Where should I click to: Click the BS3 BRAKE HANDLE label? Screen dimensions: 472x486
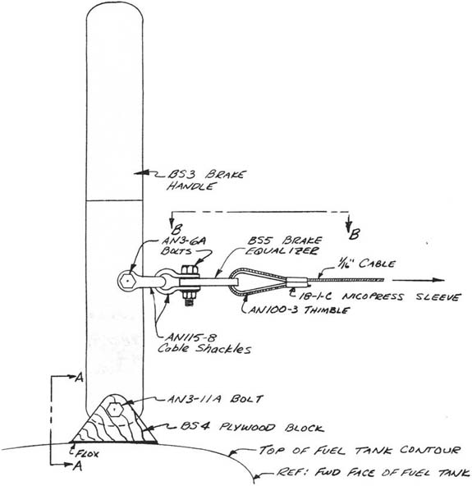(x=206, y=180)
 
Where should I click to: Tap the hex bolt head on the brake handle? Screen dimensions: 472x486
(x=127, y=281)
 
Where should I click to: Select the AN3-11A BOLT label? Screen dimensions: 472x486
(x=215, y=399)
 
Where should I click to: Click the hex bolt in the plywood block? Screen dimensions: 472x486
(x=115, y=410)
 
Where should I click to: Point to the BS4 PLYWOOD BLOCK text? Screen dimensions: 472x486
(x=252, y=427)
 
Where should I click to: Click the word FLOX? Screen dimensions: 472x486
(x=87, y=454)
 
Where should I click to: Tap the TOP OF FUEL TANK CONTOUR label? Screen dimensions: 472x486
(x=360, y=450)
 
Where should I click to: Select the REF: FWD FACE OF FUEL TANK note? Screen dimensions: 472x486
(x=373, y=472)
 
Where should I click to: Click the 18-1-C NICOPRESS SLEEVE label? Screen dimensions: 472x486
(x=378, y=296)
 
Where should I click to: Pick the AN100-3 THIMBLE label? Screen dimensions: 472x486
(x=300, y=310)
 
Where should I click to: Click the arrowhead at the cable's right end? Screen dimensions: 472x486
(x=438, y=280)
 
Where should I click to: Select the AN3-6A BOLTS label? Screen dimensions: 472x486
(x=184, y=245)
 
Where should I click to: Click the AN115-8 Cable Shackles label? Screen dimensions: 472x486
(x=204, y=343)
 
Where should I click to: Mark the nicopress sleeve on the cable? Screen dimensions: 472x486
(x=297, y=282)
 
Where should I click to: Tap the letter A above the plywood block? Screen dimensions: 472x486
(x=80, y=378)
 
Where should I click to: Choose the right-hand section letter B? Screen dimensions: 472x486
(x=355, y=234)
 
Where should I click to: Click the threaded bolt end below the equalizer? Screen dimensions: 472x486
(x=190, y=299)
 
